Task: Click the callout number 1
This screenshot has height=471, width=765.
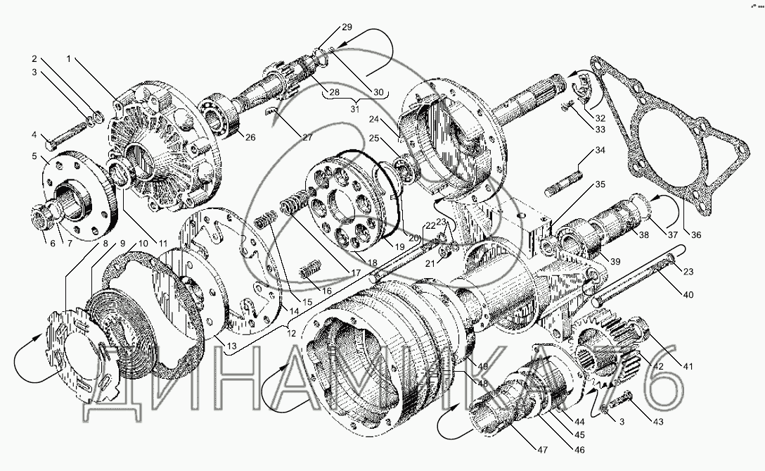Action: click(x=69, y=59)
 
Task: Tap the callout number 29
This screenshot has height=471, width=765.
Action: click(x=347, y=27)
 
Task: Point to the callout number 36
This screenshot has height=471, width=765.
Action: click(x=695, y=235)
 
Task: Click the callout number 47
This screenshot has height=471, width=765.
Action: click(x=542, y=449)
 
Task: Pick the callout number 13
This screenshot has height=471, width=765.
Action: click(x=231, y=346)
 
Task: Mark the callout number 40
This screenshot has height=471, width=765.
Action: click(x=688, y=295)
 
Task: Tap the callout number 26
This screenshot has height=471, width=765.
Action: click(x=250, y=138)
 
